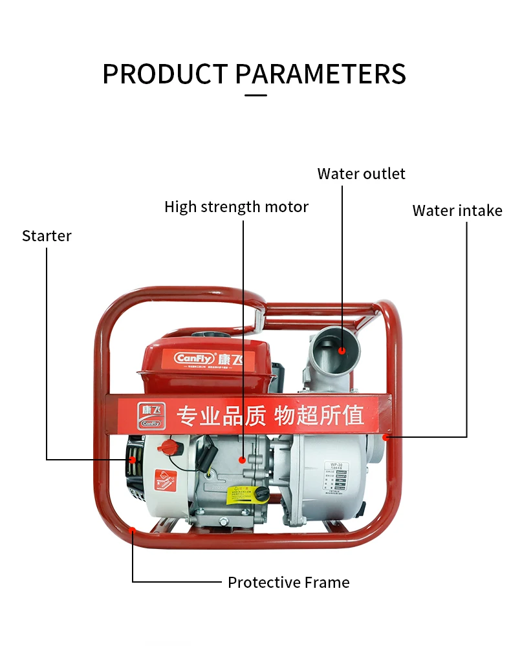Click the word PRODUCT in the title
point(166,74)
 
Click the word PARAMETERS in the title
point(320,74)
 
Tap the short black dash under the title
point(256,95)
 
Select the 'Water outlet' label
point(361,174)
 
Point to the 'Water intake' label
point(457,211)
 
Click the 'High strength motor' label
point(236,207)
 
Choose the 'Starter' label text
point(47,236)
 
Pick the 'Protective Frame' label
point(288,583)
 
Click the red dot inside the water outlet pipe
point(342,350)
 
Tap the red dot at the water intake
point(386,437)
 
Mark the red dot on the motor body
point(243,460)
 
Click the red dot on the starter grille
point(133,460)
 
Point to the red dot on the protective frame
point(132,530)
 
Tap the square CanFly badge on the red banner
point(151,415)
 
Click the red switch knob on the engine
point(170,446)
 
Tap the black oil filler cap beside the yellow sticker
point(261,494)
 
